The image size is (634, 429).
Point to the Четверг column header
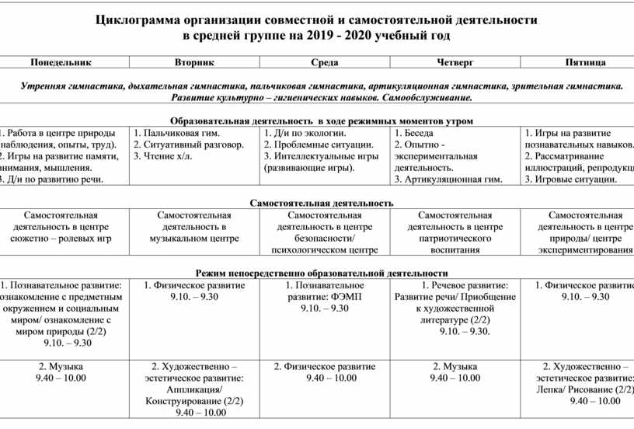pos(455,61)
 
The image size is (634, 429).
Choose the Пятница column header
pos(587,61)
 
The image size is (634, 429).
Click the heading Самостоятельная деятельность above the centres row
pos(322,203)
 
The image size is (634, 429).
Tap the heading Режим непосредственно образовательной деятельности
pos(322,274)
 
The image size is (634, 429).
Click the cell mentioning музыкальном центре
pos(194,227)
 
